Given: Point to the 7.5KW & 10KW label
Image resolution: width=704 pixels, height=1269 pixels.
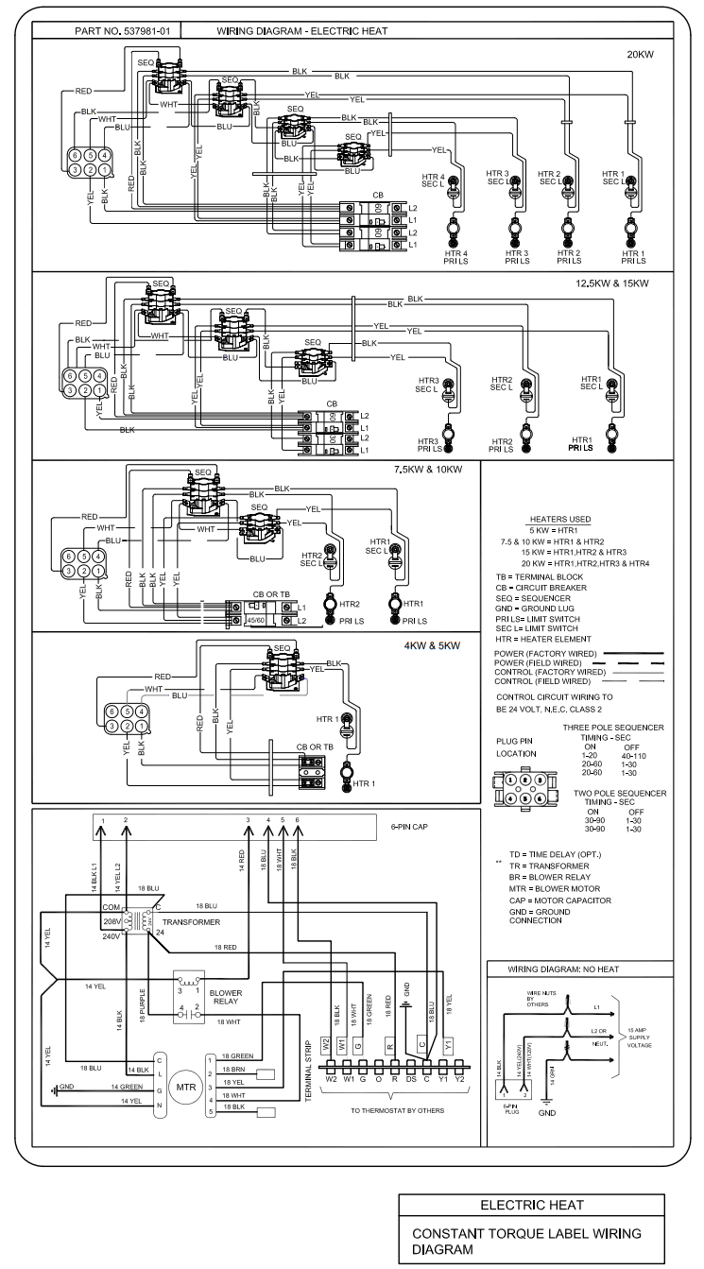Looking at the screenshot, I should tap(428, 470).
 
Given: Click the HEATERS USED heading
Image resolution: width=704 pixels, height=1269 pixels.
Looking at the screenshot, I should tap(561, 519).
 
